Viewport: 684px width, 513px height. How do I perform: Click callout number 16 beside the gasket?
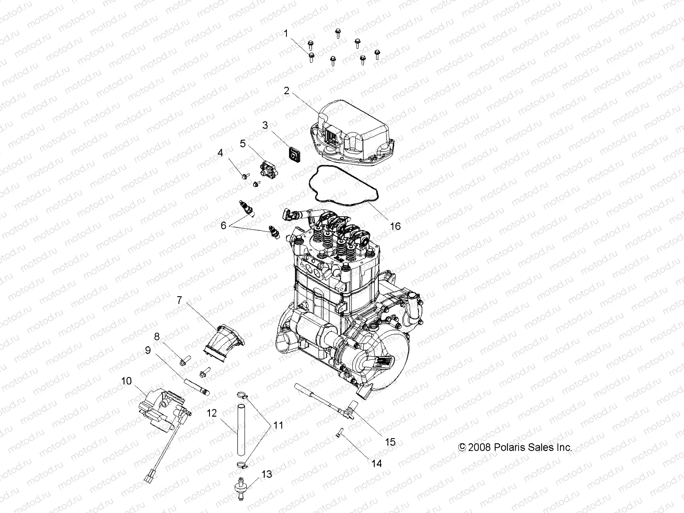point(395,226)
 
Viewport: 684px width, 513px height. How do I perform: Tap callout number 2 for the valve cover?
point(286,91)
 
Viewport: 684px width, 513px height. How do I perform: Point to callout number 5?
point(242,144)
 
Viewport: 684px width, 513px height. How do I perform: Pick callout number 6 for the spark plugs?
point(224,225)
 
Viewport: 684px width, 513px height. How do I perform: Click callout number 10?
point(127,381)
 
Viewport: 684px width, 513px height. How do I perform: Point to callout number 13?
point(266,474)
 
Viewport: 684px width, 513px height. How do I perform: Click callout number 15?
point(390,442)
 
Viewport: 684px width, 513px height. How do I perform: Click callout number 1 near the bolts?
point(286,33)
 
